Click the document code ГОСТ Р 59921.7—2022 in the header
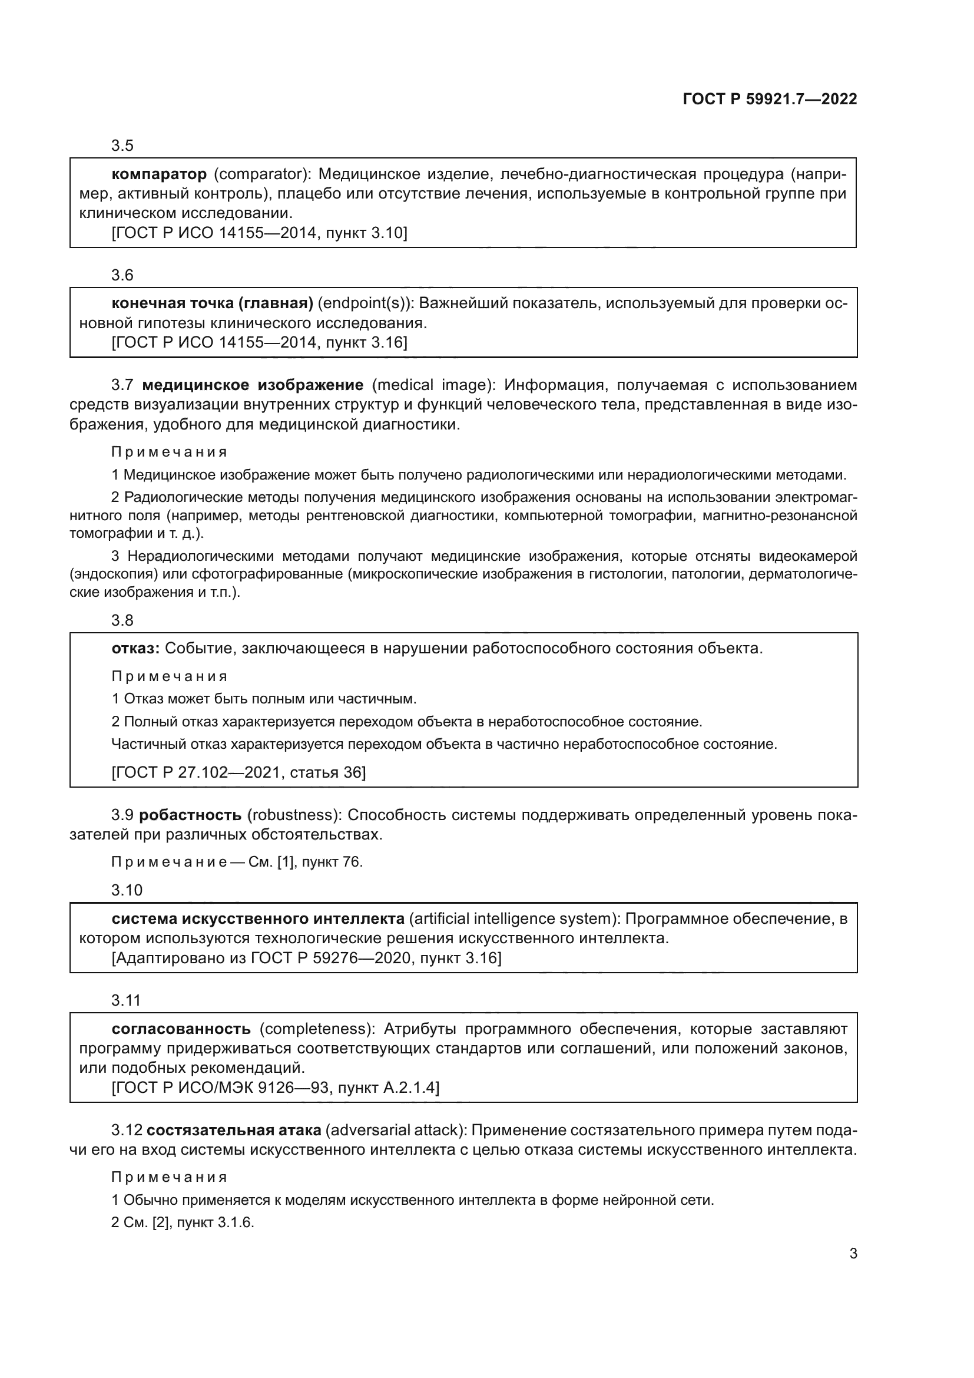pyautogui.click(x=770, y=99)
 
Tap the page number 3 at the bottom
pyautogui.click(x=853, y=1253)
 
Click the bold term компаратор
pyautogui.click(x=159, y=174)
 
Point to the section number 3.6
pyautogui.click(x=122, y=275)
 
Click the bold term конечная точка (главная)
pyautogui.click(x=213, y=303)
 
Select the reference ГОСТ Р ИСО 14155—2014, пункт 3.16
pyautogui.click(x=259, y=342)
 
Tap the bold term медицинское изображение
pyautogui.click(x=253, y=385)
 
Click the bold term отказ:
pyautogui.click(x=135, y=648)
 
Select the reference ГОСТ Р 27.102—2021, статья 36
pyautogui.click(x=238, y=772)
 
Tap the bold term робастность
pyautogui.click(x=190, y=815)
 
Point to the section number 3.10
pyautogui.click(x=127, y=890)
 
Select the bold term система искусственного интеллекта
pyautogui.click(x=258, y=918)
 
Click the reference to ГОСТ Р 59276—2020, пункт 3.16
pyautogui.click(x=306, y=957)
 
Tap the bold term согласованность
pyautogui.click(x=181, y=1029)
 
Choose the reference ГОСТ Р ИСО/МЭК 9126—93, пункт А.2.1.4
pyautogui.click(x=275, y=1087)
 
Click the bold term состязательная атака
pyautogui.click(x=234, y=1130)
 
